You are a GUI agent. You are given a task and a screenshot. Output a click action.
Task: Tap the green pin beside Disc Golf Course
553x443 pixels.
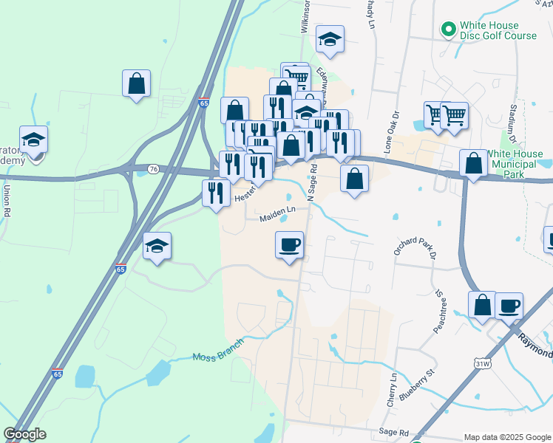pyautogui.click(x=447, y=30)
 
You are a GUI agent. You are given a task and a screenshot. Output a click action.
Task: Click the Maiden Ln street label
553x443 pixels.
pyautogui.click(x=278, y=218)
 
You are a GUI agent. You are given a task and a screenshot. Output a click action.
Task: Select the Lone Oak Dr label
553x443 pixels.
pyautogui.click(x=391, y=133)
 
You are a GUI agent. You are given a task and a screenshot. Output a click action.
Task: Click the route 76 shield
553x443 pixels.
pyautogui.click(x=153, y=169)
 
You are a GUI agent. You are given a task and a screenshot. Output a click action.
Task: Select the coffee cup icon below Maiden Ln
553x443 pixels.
pyautogui.click(x=289, y=244)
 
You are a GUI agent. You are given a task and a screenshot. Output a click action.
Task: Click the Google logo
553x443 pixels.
pyautogui.click(x=24, y=434)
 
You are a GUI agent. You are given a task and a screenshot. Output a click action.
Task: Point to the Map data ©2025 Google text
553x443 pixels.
pyautogui.click(x=506, y=437)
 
